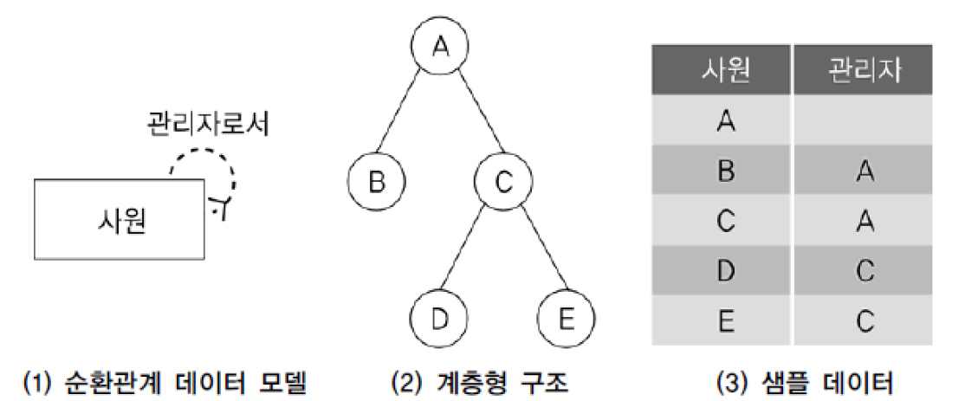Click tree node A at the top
[x=439, y=46]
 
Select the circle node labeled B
[x=376, y=183]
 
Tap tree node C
[x=502, y=183]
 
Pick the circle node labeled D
[x=438, y=318]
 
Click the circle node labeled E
[x=565, y=318]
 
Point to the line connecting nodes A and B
[x=406, y=116]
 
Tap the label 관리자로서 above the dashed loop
[x=207, y=125]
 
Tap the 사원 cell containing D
[x=722, y=271]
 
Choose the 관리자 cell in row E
[x=863, y=321]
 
